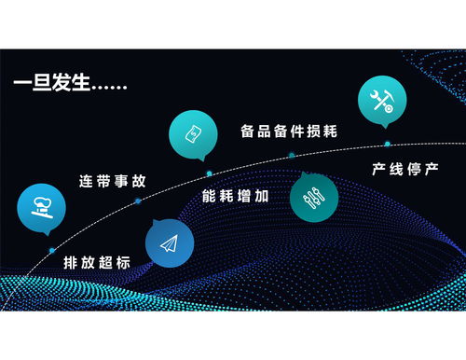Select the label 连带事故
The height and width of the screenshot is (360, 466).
coord(111,181)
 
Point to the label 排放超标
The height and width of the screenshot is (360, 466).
coord(97,264)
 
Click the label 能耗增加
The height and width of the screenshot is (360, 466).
coord(236,198)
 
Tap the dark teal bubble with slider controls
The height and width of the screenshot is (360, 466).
coord(314,197)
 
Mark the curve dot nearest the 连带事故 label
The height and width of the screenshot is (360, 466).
coord(130,200)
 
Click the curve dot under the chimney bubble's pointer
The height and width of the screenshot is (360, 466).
coord(52,251)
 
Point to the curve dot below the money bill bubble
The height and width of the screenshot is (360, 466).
coord(209,173)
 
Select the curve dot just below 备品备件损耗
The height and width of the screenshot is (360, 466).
coord(292,154)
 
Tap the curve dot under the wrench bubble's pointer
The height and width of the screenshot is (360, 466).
coord(387,144)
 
